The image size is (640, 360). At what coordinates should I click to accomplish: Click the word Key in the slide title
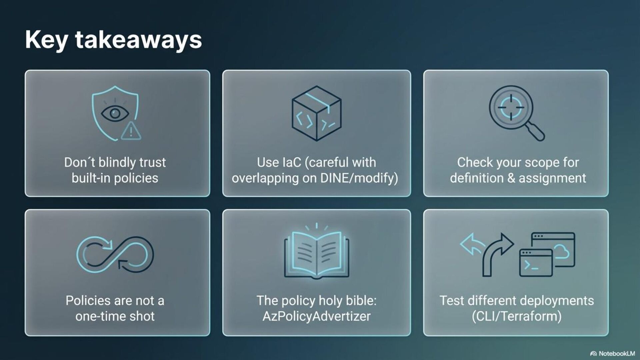(x=47, y=40)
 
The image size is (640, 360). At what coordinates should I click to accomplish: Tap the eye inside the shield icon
(x=115, y=113)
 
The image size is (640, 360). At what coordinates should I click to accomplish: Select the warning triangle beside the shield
(x=131, y=131)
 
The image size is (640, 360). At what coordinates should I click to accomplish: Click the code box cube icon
(x=316, y=113)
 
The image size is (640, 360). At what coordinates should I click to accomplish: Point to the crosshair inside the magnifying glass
(x=511, y=107)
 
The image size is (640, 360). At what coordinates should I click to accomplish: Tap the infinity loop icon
(x=115, y=254)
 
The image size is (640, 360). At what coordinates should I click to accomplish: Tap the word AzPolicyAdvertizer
(x=316, y=316)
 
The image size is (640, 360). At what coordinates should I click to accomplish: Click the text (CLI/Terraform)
(x=516, y=316)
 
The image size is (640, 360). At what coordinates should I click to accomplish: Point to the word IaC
(x=292, y=162)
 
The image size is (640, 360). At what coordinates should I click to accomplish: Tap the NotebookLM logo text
(x=616, y=353)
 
